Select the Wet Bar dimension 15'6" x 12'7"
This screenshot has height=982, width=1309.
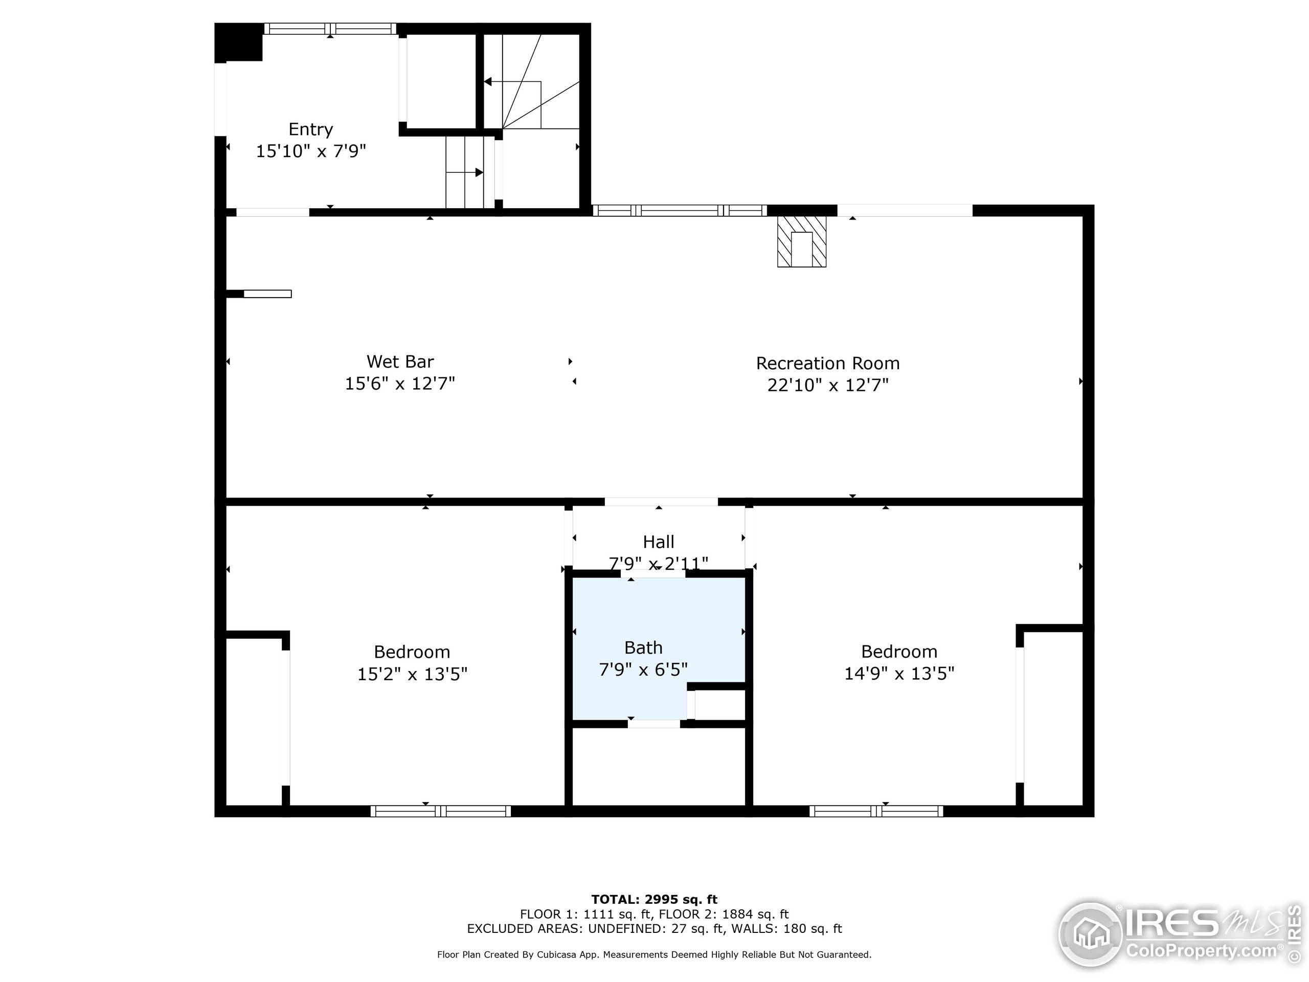(399, 384)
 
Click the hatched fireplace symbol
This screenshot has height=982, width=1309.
(801, 241)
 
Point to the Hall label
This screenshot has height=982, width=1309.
(658, 542)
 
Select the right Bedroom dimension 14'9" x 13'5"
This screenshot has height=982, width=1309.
(898, 673)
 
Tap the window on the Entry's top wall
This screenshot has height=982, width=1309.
(330, 29)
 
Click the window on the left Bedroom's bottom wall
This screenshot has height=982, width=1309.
(440, 811)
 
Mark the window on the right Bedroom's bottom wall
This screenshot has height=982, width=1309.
(876, 811)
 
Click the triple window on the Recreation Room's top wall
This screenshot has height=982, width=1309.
(680, 210)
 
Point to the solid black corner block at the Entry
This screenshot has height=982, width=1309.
(238, 42)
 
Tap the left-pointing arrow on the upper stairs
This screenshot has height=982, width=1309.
(489, 82)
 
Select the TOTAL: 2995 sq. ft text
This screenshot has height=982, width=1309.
(654, 900)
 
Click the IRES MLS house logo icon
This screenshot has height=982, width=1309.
(1090, 934)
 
